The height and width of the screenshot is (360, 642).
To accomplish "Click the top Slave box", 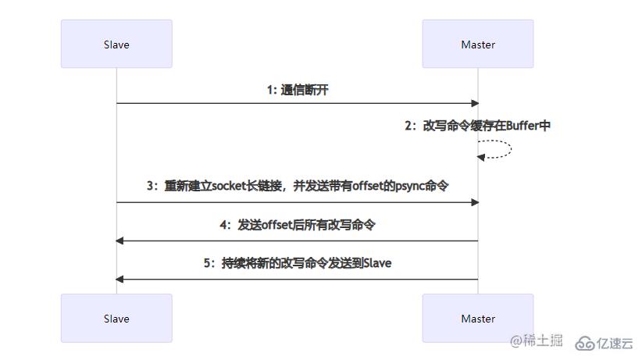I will click(116, 45).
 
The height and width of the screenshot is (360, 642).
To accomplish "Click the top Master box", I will click(478, 45).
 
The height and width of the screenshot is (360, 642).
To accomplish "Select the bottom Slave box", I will click(116, 319).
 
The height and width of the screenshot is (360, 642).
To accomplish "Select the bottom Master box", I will click(478, 319).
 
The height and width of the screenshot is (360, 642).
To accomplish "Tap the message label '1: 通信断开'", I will click(298, 90).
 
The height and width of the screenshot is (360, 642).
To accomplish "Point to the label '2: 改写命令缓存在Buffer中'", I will click(477, 125).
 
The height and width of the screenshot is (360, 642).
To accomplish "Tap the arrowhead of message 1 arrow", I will click(473, 103).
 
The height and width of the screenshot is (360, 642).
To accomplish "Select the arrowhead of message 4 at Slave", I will click(120, 241).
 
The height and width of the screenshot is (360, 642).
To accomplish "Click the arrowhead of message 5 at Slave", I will click(120, 279).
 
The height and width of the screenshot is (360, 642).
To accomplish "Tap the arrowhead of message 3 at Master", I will click(473, 202).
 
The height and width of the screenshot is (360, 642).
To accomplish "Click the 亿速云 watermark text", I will click(615, 342).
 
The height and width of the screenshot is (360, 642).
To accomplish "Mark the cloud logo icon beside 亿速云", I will click(585, 343).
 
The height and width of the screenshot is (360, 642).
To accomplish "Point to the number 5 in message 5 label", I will click(208, 263).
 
